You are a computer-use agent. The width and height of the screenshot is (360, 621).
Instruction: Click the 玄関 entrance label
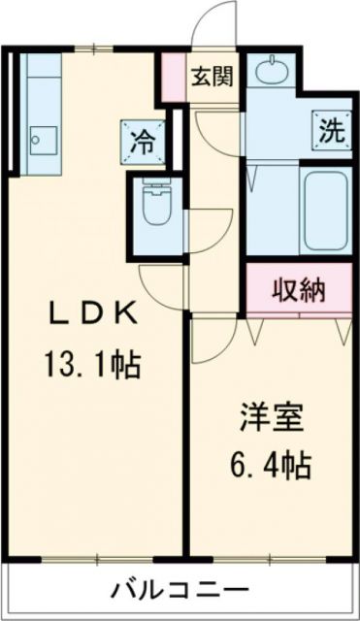(210, 76)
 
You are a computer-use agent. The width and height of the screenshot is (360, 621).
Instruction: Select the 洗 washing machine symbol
(327, 130)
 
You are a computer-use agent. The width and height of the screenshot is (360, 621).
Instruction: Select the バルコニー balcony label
(180, 589)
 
